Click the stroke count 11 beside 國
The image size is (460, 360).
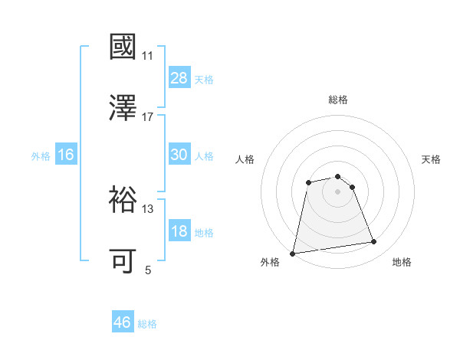[x=147, y=56]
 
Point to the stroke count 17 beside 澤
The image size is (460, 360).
[x=147, y=116]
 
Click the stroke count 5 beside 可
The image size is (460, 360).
[x=148, y=270]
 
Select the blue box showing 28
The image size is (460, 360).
[x=179, y=78]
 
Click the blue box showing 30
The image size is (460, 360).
[x=179, y=155]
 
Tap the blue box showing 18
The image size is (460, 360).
[x=179, y=231]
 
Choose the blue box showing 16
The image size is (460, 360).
[x=65, y=155]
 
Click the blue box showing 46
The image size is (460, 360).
[x=123, y=322]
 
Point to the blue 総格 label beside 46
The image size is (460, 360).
[x=147, y=324]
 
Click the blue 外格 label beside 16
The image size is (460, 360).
[x=41, y=156]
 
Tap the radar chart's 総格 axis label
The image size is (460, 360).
[x=338, y=100]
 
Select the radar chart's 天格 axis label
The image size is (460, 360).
[x=431, y=159]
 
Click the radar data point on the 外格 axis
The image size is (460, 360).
[x=293, y=253]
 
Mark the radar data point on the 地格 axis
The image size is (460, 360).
[x=373, y=242]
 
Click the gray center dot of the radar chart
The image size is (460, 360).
[x=338, y=191]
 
